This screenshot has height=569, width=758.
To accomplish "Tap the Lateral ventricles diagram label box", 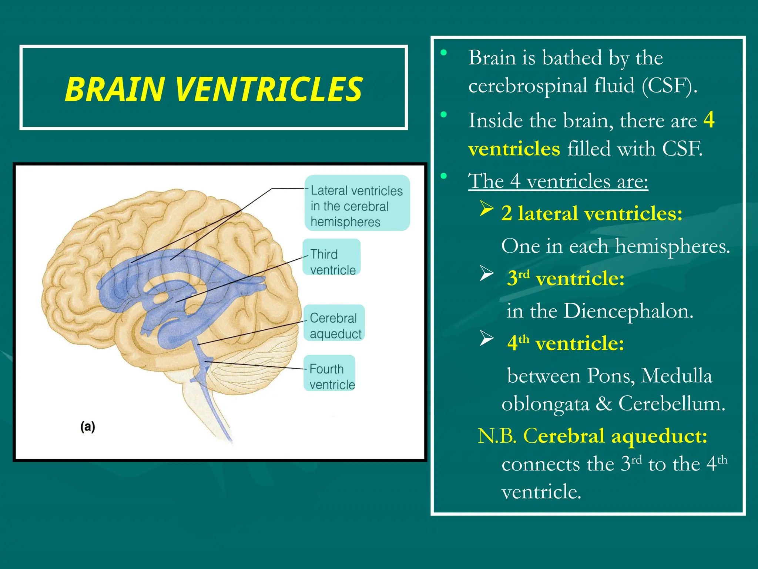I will pos(357,203).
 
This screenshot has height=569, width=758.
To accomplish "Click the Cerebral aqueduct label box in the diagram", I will pos(334,323).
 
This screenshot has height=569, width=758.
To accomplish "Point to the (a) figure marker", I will pos(88,427).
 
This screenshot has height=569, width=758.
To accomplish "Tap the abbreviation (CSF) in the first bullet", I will pos(669,86).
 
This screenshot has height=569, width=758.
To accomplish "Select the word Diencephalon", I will pos(628,311).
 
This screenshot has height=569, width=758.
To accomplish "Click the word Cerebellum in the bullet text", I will pos(672,403).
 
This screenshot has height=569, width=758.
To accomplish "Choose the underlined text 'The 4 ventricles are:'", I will pos(558,181).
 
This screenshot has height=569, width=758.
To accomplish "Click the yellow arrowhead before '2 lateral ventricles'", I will pos(486,209).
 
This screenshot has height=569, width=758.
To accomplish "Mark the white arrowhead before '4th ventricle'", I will pos(486,338).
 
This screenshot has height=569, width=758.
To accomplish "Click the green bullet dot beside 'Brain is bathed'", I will pos(443,52).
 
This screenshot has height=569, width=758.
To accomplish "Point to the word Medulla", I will pos(676,376).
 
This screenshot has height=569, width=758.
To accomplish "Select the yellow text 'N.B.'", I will pos(497,436).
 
